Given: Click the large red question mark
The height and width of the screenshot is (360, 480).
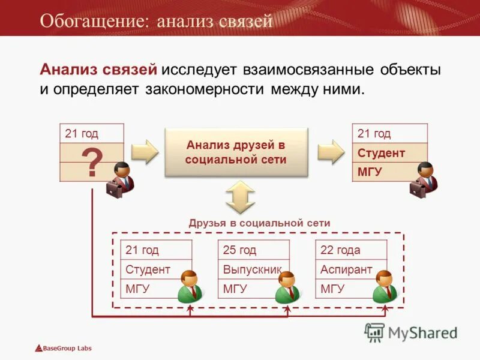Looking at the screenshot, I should pyautogui.click(x=91, y=162).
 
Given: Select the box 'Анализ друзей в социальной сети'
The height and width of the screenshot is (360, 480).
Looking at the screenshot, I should pyautogui.click(x=236, y=152).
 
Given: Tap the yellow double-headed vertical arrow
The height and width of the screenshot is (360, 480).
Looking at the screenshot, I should pyautogui.click(x=240, y=197).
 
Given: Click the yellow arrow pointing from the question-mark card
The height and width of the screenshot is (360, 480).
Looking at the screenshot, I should pyautogui.click(x=145, y=152).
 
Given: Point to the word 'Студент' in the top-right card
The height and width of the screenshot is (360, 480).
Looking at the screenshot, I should pyautogui.click(x=381, y=152).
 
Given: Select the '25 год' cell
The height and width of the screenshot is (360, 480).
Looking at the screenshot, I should pyautogui.click(x=240, y=250).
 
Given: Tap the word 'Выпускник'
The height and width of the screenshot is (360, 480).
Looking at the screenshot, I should pyautogui.click(x=252, y=269).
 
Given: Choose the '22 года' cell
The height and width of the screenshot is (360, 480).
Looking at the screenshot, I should pyautogui.click(x=340, y=250).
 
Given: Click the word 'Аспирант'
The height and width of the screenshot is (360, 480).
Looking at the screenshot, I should pyautogui.click(x=346, y=269).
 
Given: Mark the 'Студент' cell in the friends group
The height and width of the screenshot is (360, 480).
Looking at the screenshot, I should pyautogui.click(x=148, y=269).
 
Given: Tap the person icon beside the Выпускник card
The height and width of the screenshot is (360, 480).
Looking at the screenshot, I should pyautogui.click(x=287, y=286).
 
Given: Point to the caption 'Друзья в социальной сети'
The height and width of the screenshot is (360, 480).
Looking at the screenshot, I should pyautogui.click(x=259, y=223).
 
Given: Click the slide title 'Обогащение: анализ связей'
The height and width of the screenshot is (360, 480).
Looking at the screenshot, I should pyautogui.click(x=156, y=21).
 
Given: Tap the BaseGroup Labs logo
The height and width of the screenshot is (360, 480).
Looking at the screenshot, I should pyautogui.click(x=63, y=348).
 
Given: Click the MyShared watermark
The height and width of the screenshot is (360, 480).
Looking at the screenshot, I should pyautogui.click(x=412, y=332).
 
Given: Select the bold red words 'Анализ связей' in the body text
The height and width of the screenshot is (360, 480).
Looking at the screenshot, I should pyautogui.click(x=99, y=70).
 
